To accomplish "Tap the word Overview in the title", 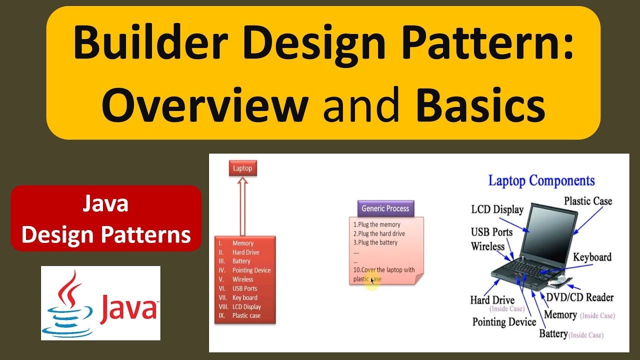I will [204, 104].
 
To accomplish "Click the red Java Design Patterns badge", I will [106, 219].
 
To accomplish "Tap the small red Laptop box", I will [242, 168].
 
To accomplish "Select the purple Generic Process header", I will [385, 208].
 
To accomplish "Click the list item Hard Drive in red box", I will [245, 252].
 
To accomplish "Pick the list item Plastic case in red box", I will [246, 315].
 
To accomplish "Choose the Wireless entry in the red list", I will [242, 279].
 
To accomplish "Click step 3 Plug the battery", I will [375, 242].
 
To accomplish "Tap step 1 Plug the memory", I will [377, 224].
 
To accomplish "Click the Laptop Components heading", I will [541, 180].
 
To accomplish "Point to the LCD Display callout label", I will [497, 209].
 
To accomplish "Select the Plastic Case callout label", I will [587, 201].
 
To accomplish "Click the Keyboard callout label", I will [592, 257].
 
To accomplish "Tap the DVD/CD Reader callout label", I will [579, 297].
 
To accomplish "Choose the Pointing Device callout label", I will [504, 322].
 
